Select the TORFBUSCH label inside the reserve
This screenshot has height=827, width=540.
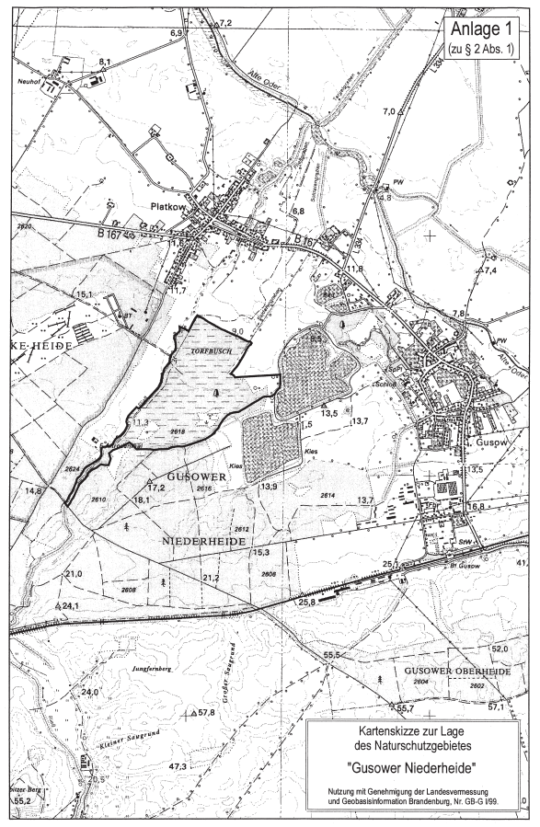pyautogui.click(x=209, y=351)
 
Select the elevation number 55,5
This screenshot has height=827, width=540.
pyautogui.click(x=332, y=654)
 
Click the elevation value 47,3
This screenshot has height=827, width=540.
pyautogui.click(x=178, y=766)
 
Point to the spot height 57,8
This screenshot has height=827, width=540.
pyautogui.click(x=205, y=713)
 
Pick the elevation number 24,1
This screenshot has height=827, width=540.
pyautogui.click(x=71, y=605)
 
